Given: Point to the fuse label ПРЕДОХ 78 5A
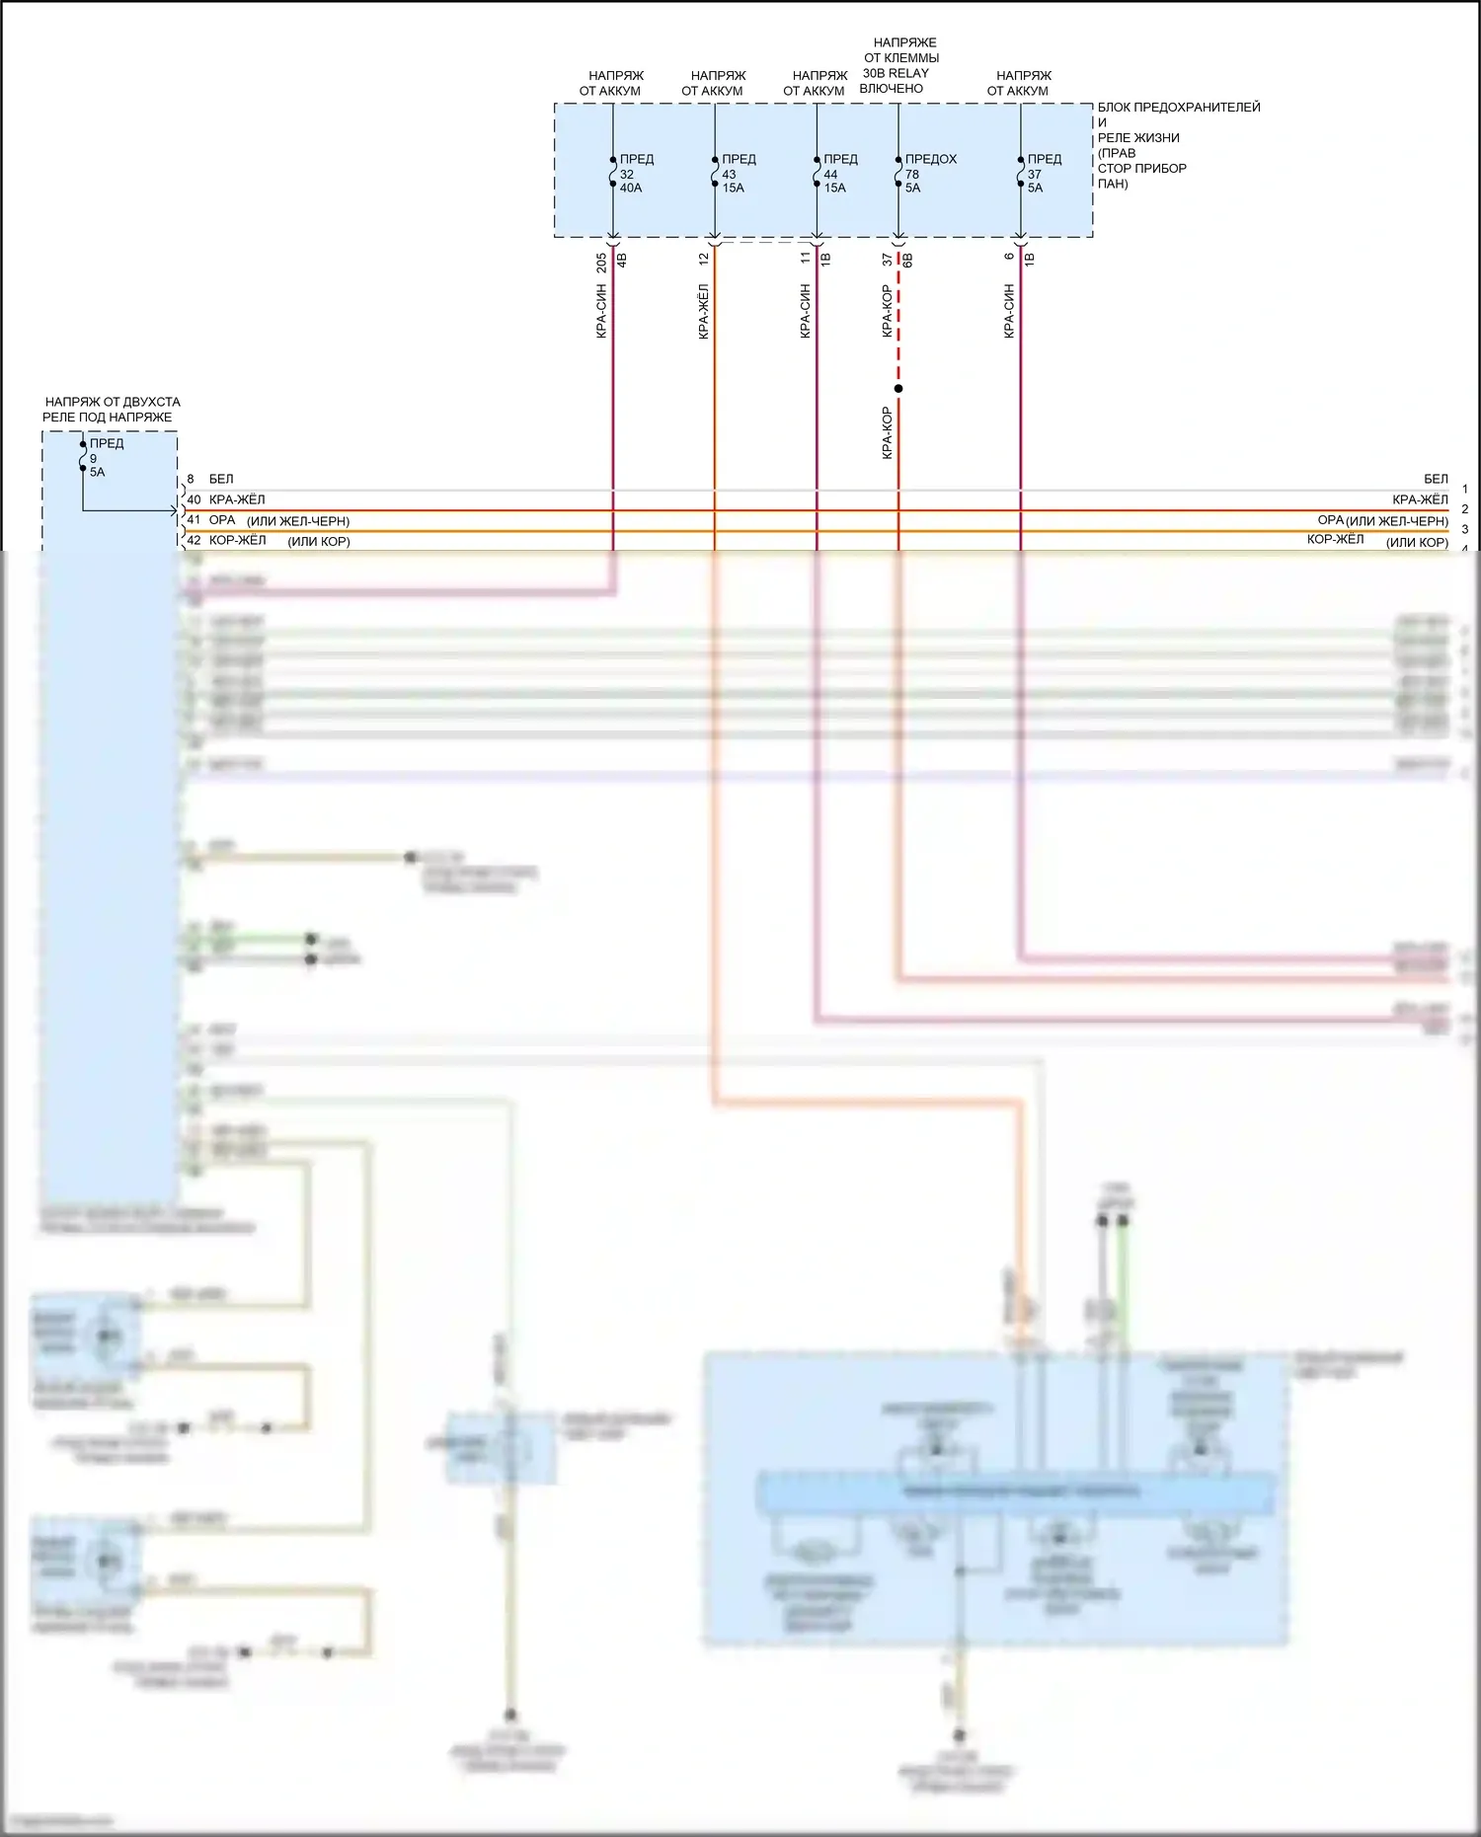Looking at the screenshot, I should pos(929,173).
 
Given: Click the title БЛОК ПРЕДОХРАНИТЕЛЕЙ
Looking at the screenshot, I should pos(1179,108).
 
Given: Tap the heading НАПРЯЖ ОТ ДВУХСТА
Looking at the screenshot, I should pos(113,402).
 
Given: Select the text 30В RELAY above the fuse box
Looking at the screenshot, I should pos(896,73).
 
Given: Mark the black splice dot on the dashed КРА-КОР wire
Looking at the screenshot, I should pos(898,388).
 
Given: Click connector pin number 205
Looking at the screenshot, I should pos(601,264).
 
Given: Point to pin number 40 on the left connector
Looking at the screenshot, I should pos(194,499).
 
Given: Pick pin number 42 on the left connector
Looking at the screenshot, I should pos(194,541).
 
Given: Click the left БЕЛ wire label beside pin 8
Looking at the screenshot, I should pos(221,479).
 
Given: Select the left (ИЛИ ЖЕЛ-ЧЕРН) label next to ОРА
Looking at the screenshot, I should pos(298,521).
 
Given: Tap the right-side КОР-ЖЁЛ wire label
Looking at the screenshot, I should pos(1335,539).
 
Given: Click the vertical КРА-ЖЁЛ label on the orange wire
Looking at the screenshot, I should pos(703,311).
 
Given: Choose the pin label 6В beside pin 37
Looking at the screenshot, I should pos(907,261).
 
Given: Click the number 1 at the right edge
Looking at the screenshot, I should pos(1465,489).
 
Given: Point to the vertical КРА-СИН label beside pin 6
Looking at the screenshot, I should pos(1009,311).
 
